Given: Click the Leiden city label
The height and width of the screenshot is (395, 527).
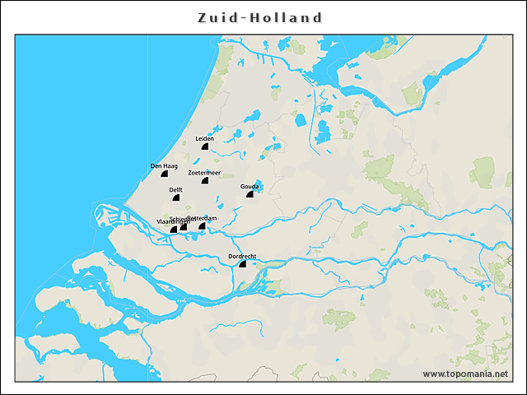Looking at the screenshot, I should (x=204, y=138).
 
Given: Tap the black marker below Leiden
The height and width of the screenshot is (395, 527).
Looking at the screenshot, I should (x=204, y=146).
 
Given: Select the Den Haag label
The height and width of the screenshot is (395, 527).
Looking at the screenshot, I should (x=164, y=166).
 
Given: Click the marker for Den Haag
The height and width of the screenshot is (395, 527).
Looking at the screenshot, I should (x=165, y=174).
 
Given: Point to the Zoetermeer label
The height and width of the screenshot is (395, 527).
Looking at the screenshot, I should (x=204, y=173).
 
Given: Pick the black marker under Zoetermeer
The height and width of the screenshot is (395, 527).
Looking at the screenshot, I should (x=205, y=180).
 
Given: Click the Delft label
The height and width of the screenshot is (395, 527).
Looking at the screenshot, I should (x=175, y=190).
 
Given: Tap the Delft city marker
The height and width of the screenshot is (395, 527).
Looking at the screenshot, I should (x=175, y=197).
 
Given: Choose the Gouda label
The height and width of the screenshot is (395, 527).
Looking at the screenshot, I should (x=250, y=187).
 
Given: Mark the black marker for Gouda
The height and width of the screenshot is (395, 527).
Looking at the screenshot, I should (x=250, y=194).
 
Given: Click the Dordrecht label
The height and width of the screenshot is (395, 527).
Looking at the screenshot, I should (x=242, y=257).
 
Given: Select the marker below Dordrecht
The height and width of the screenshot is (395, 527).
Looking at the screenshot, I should (x=242, y=264).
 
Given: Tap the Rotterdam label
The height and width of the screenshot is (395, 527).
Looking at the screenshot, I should (x=203, y=218).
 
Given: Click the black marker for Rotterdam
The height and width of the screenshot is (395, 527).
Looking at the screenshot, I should (x=202, y=225).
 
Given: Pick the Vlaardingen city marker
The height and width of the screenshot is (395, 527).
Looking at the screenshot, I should (x=173, y=230).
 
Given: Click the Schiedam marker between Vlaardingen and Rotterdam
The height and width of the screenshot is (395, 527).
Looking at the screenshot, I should (x=184, y=227).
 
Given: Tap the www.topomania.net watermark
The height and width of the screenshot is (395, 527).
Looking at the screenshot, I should (x=465, y=374).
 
